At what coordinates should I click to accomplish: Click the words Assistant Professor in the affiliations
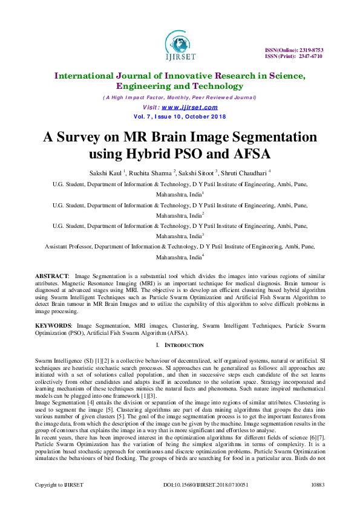70,247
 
